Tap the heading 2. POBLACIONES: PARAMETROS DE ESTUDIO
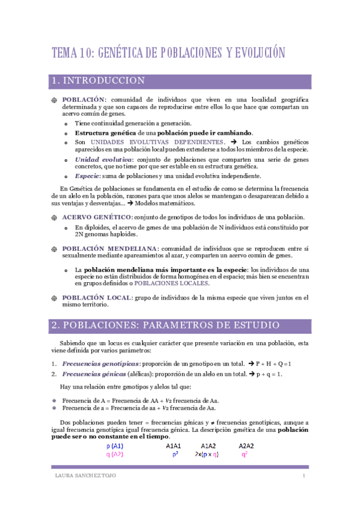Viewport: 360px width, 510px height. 165,325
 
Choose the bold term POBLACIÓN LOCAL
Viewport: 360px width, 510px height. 100,298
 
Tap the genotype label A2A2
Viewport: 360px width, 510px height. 246,446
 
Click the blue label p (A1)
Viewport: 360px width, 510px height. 115,446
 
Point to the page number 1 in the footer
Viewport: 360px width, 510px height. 305,477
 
